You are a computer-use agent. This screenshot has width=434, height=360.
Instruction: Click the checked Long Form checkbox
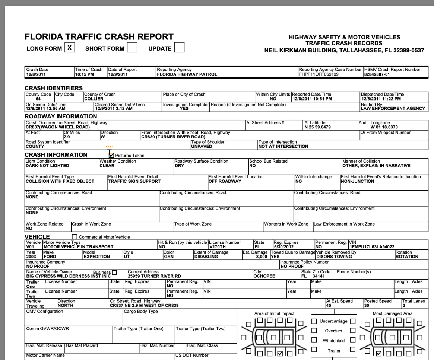coord(69,48)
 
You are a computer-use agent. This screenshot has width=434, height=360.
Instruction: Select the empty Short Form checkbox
coord(132,48)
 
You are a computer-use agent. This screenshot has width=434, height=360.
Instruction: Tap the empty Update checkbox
coord(179,48)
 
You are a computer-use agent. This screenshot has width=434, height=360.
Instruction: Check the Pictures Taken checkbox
coord(111,155)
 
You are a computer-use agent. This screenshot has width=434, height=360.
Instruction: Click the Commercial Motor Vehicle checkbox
coord(75,237)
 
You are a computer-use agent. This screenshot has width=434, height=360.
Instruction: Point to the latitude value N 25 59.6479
coord(317,127)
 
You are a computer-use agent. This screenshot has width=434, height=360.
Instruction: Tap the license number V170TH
coord(219,246)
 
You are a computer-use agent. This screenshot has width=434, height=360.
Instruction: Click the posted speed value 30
coord(367,305)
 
